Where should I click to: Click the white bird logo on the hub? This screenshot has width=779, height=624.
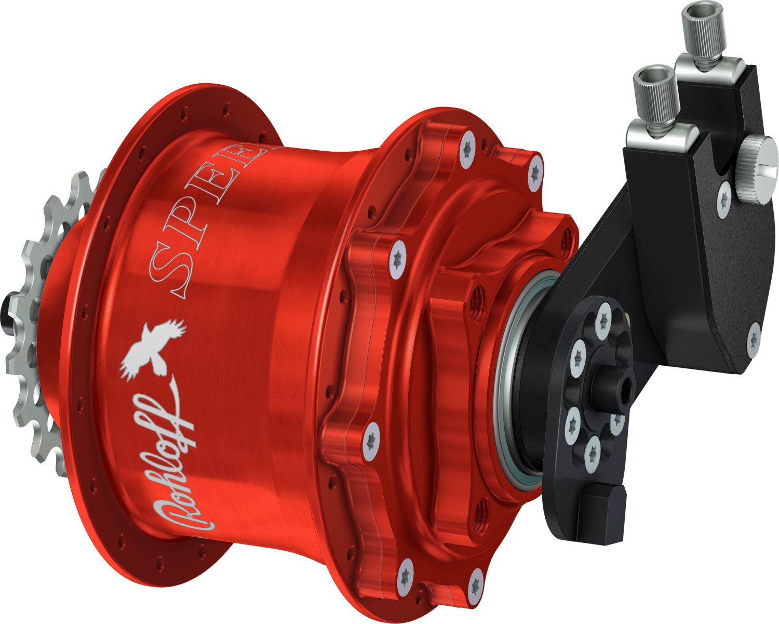pos(151,348)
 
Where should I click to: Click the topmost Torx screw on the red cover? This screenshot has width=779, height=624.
pos(468,149)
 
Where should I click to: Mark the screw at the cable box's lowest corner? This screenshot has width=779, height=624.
pos(755,329)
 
